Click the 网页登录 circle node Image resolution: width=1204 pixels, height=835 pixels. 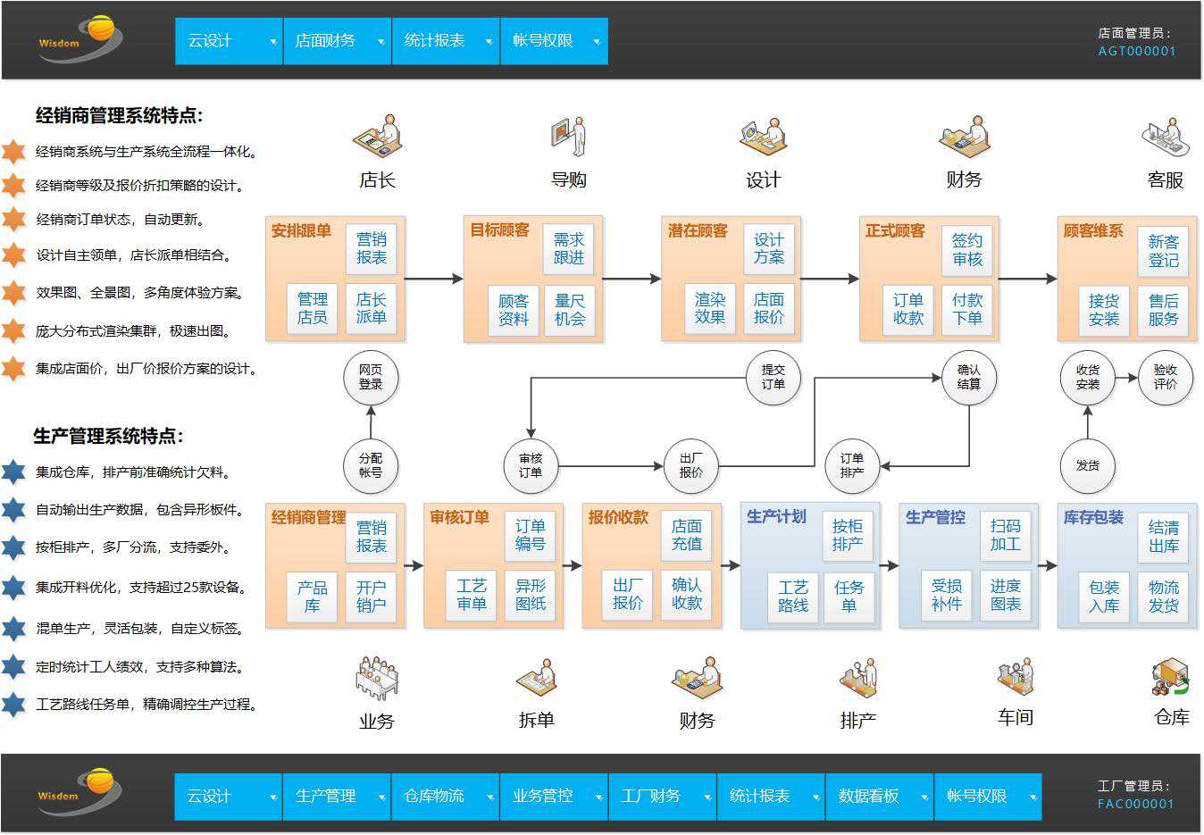(x=371, y=377)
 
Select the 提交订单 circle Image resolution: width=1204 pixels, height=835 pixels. (x=773, y=377)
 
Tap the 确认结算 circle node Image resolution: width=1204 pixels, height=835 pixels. (x=969, y=377)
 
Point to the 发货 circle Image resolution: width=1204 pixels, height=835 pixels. (x=1087, y=465)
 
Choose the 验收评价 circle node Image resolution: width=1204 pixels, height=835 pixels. (x=1165, y=377)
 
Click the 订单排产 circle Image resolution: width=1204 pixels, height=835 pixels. (x=852, y=465)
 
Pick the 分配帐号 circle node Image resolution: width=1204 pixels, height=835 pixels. (x=371, y=465)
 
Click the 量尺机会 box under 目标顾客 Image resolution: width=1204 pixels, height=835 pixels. (x=569, y=310)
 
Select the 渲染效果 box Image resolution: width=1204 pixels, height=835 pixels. (x=710, y=308)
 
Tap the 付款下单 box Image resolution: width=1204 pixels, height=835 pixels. (x=967, y=309)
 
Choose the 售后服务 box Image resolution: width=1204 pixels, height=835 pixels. (x=1163, y=310)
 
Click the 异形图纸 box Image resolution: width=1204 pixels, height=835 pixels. (x=531, y=595)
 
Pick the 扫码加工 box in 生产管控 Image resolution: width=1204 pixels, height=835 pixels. (x=1005, y=535)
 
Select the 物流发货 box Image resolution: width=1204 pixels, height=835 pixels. (x=1163, y=596)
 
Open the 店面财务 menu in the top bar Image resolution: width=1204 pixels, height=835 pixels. (x=337, y=41)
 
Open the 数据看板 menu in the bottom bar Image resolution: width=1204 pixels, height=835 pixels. (x=879, y=796)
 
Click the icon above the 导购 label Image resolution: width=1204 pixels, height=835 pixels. (x=568, y=136)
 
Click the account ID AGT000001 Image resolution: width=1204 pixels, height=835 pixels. (x=1136, y=52)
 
